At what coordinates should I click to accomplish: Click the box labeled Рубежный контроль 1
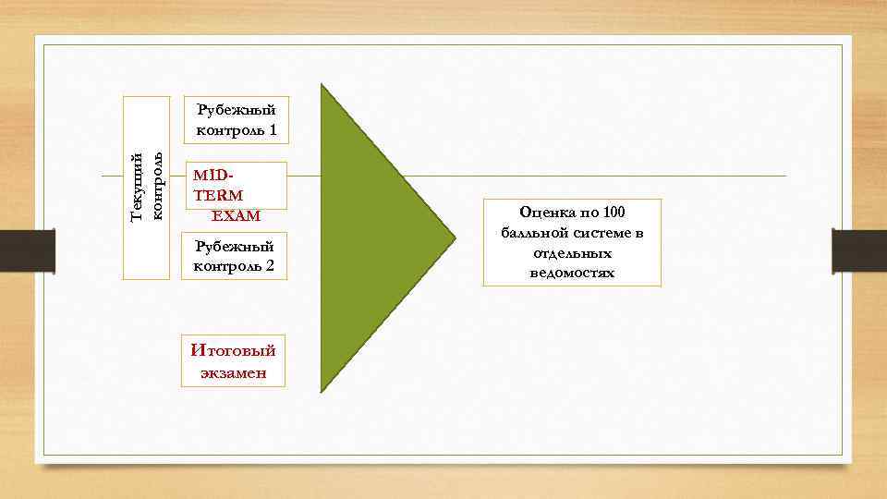(235, 120)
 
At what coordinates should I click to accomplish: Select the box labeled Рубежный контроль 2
(235, 256)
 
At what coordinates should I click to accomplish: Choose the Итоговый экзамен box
(233, 360)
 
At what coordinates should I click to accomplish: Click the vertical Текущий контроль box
(147, 188)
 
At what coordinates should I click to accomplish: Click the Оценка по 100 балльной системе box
(572, 242)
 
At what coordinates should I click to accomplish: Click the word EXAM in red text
(236, 215)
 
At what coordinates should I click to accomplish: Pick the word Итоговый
(233, 350)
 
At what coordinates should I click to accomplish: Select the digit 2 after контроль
(271, 266)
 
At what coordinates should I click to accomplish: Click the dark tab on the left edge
(27, 250)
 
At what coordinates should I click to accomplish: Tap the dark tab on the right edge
(859, 250)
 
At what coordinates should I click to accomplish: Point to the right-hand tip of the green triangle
(454, 238)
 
